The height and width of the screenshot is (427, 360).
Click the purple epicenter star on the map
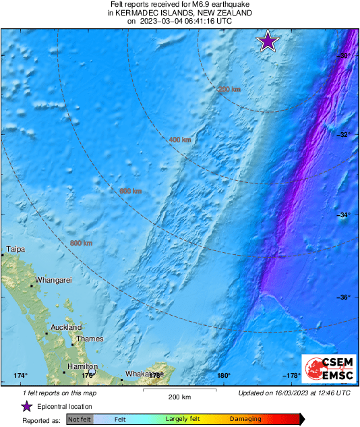click(268, 42)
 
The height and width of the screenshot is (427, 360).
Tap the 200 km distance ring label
click(229, 89)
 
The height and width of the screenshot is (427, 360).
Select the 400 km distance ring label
click(179, 140)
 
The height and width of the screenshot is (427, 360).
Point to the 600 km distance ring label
click(130, 192)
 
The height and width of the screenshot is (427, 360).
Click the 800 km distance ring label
click(81, 243)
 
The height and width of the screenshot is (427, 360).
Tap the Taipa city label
click(16, 250)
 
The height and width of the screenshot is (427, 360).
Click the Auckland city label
click(67, 327)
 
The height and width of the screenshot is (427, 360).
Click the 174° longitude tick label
click(20, 376)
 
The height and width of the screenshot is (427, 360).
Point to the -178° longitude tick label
click(291, 376)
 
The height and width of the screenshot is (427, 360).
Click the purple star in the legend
click(26, 406)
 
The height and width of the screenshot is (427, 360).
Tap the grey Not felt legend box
click(80, 420)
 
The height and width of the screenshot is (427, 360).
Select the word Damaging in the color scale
click(245, 420)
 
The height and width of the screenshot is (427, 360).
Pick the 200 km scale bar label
click(179, 397)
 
